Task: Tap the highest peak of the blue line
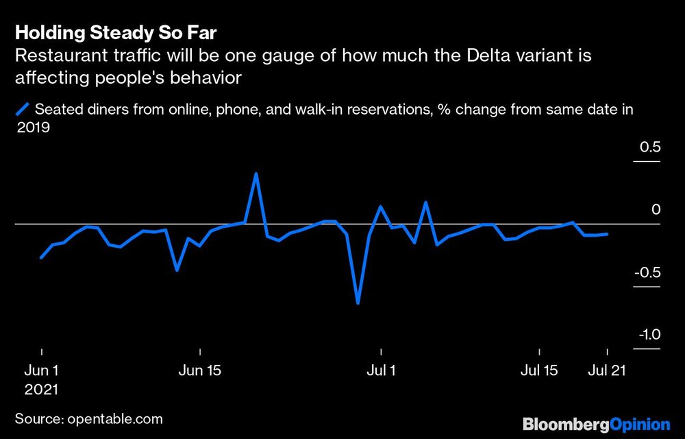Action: click(x=256, y=174)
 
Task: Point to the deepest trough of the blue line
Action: click(x=358, y=302)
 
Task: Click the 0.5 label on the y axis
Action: click(x=650, y=147)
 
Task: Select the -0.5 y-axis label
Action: click(x=647, y=273)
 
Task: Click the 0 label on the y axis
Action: click(x=656, y=210)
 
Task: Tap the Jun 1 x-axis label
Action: click(x=41, y=371)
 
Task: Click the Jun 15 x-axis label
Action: click(x=200, y=371)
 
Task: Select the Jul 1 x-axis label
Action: click(x=380, y=371)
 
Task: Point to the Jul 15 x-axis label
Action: click(x=539, y=371)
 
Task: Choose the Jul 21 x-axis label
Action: click(x=607, y=371)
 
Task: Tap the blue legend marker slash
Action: click(x=23, y=108)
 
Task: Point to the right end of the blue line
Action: click(x=608, y=234)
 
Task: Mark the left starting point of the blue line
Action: click(x=41, y=257)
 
